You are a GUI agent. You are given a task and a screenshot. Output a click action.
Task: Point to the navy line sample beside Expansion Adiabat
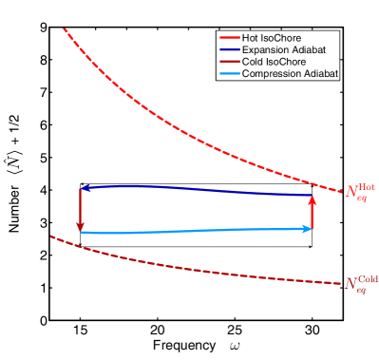coord(230,49)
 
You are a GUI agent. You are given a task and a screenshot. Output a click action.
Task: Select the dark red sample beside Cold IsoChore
coord(230,62)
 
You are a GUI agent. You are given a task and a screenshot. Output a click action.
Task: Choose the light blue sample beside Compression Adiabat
coord(230,73)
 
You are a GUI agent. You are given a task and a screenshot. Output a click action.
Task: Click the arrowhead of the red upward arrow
coord(313,198)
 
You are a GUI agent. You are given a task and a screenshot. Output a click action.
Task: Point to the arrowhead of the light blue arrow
coord(308,228)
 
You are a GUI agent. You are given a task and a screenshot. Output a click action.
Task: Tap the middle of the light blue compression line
coord(195,230)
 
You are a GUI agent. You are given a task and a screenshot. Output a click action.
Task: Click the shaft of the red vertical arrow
coord(313,214)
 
